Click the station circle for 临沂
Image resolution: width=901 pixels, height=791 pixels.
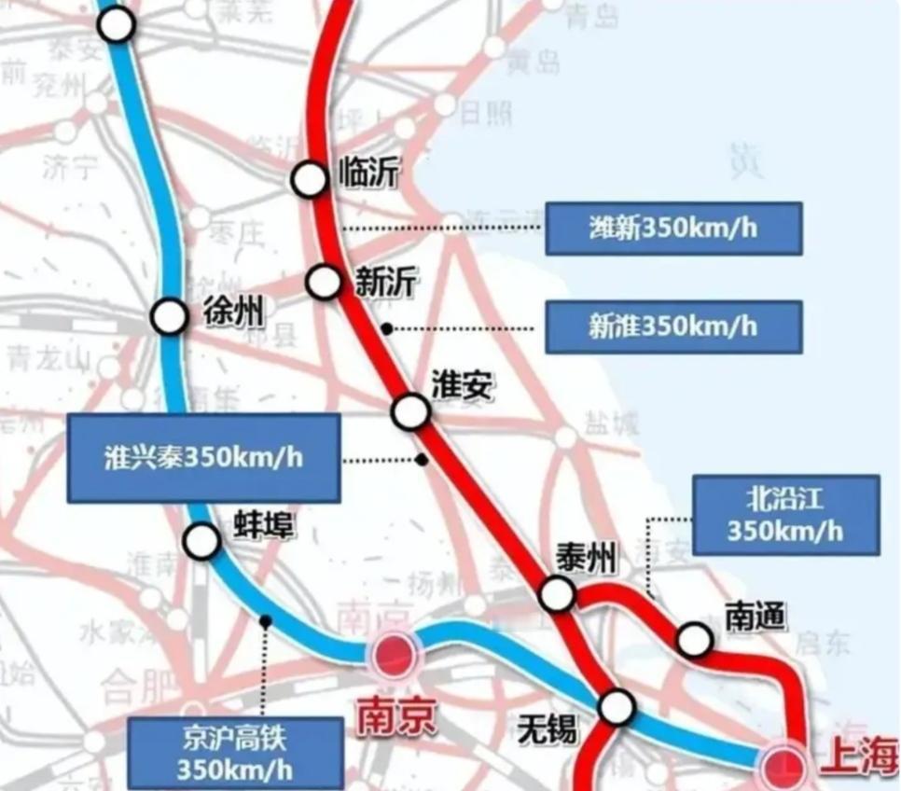(309, 179)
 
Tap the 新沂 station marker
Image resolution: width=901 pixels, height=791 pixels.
(324, 281)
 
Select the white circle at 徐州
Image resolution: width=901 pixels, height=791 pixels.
(170, 317)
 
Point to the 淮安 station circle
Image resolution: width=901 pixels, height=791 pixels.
(410, 411)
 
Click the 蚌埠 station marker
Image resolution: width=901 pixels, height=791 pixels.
(201, 540)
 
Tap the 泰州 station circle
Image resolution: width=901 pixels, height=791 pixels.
(558, 593)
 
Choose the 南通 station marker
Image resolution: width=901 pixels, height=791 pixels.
(694, 640)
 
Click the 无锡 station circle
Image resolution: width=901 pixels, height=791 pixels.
(617, 708)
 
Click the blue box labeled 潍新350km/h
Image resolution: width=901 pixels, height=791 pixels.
(673, 229)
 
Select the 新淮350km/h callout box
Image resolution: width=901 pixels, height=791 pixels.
(673, 326)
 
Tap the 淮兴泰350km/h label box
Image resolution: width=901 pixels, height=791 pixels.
(203, 458)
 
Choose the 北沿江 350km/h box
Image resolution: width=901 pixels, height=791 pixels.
(785, 515)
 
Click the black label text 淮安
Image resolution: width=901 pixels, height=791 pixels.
(461, 385)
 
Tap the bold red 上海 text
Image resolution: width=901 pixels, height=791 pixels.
(858, 758)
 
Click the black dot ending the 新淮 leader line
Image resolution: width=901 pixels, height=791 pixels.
(386, 328)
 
